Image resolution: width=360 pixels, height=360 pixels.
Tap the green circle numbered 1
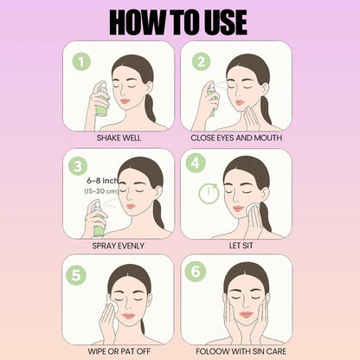point(81,61)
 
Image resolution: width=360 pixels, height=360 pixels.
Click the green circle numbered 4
point(196,164)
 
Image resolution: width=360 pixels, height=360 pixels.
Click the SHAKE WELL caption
point(119,137)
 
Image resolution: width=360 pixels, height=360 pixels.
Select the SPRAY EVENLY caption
point(119,245)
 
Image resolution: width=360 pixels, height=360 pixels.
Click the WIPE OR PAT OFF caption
point(119,350)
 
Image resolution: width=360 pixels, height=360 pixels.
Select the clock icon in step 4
point(208,193)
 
